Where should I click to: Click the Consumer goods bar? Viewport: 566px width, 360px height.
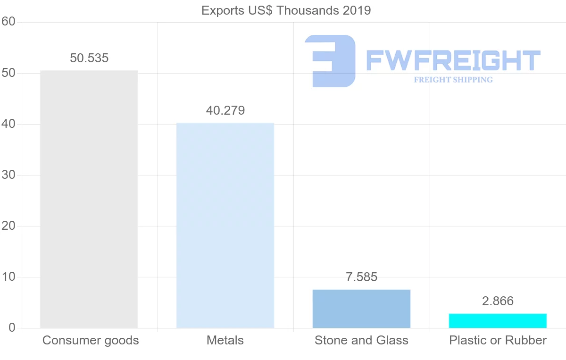[x=89, y=199]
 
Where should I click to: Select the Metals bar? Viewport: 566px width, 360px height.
[x=225, y=225]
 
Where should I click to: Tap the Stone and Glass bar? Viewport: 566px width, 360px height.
[x=361, y=309]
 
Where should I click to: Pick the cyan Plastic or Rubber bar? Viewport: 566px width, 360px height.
[x=498, y=320]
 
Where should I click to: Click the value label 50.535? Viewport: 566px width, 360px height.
[x=89, y=59]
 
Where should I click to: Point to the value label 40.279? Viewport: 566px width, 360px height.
[x=225, y=110]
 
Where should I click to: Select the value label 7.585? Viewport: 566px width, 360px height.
[x=362, y=277]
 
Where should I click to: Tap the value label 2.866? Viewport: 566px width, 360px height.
[x=498, y=301]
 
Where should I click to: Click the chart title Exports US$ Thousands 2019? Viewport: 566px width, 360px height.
[x=286, y=10]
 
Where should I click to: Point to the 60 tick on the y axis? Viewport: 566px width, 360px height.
[x=8, y=22]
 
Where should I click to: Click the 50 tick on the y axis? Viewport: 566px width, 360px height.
[x=8, y=73]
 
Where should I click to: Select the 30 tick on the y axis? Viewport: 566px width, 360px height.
[x=8, y=175]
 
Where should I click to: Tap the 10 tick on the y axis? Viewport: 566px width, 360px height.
[x=8, y=277]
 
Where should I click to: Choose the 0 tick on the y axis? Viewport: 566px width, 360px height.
[x=12, y=328]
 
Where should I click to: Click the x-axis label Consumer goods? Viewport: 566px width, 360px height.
[x=91, y=340]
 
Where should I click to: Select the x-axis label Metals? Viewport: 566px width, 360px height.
[x=225, y=340]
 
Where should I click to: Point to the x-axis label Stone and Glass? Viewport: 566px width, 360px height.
[x=361, y=340]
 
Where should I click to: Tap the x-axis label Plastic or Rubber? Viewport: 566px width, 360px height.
[x=498, y=340]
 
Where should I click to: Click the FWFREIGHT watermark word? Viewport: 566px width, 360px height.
[x=453, y=60]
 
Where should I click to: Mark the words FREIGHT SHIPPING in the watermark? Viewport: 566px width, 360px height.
[x=453, y=80]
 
